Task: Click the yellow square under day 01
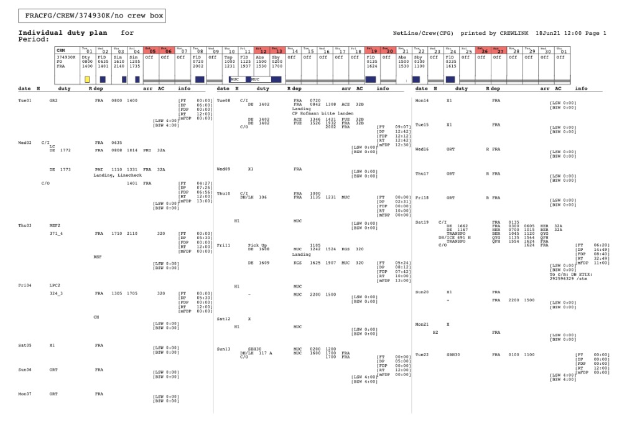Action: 87,79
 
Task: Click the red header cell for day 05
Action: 151,51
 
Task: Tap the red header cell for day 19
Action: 372,51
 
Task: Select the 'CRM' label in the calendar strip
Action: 60,51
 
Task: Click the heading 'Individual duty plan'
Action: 62,33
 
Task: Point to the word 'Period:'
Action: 34,39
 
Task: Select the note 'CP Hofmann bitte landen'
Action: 323,114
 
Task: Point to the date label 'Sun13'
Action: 223,349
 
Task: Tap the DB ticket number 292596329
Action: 564,280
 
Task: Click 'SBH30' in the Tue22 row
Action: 453,354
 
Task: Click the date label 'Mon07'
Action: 25,394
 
